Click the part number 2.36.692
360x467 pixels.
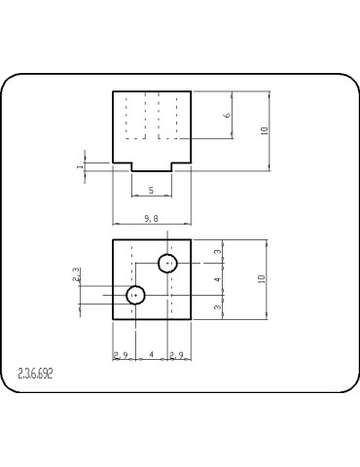coord(35,374)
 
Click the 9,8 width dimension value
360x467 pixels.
coord(152,219)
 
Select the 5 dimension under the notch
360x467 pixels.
coord(152,190)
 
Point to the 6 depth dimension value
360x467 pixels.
coord(227,116)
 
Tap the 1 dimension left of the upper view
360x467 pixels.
coord(80,166)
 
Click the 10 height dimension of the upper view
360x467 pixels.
coord(264,130)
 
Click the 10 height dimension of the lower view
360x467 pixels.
coord(261,278)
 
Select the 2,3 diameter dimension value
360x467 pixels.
coord(76,275)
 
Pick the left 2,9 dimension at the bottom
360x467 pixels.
coord(122,354)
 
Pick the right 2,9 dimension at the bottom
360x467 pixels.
coord(178,354)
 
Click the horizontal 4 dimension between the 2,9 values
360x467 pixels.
coord(151,354)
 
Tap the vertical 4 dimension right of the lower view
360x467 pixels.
coord(218,279)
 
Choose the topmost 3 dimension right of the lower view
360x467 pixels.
coord(218,252)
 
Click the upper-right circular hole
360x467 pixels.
coord(168,263)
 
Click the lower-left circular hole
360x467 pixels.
coord(136,294)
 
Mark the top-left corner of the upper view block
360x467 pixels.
coord(113,91)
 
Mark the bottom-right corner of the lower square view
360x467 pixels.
coord(191,319)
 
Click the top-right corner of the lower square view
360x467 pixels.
coord(191,239)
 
